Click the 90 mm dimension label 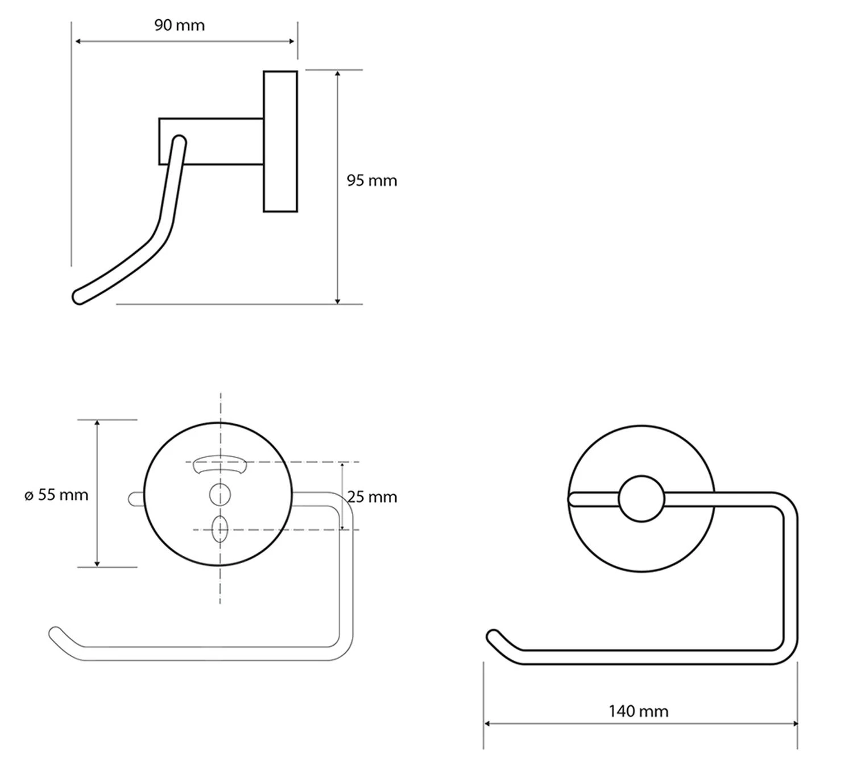click(179, 26)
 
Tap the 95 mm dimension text click(371, 181)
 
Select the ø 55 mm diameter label click(56, 495)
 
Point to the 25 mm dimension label click(372, 497)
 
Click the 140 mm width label click(638, 711)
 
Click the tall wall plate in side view click(280, 141)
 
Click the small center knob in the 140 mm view click(641, 499)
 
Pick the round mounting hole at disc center click(220, 494)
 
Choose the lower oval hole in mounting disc click(220, 529)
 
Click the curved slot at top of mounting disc click(218, 464)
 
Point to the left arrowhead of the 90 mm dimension click(78, 41)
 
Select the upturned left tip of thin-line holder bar click(55, 632)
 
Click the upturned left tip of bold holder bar click(492, 635)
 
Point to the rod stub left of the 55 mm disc click(135, 499)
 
